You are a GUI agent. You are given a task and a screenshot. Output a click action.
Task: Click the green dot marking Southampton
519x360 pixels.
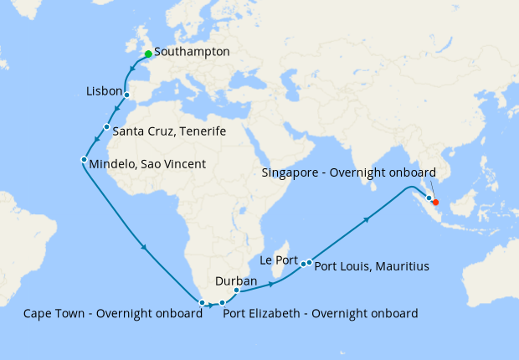[148, 54]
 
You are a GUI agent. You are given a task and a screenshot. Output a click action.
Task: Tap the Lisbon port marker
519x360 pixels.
[126, 95]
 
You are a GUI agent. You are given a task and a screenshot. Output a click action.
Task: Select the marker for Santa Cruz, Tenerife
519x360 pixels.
[106, 126]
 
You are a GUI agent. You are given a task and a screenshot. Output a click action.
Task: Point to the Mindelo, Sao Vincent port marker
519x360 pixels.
[84, 159]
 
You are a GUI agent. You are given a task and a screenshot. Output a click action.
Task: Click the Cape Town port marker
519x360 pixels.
[202, 301]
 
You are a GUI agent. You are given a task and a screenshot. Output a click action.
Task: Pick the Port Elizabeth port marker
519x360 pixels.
[222, 302]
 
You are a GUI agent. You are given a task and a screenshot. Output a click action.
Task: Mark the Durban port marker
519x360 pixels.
[237, 291]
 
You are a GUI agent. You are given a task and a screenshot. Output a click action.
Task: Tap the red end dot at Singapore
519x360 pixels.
[435, 202]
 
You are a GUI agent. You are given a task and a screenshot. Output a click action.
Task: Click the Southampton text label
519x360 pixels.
[192, 52]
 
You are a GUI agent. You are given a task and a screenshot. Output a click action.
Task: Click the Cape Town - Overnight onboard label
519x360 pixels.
[112, 314]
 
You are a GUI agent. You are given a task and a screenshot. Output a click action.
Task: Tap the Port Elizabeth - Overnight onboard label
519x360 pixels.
[320, 314]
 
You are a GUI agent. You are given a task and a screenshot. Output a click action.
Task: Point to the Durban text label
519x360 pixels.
[236, 280]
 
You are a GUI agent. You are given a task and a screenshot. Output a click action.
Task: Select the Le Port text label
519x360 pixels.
[280, 260]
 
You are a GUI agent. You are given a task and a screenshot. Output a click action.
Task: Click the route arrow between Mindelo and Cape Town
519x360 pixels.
[146, 247]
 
